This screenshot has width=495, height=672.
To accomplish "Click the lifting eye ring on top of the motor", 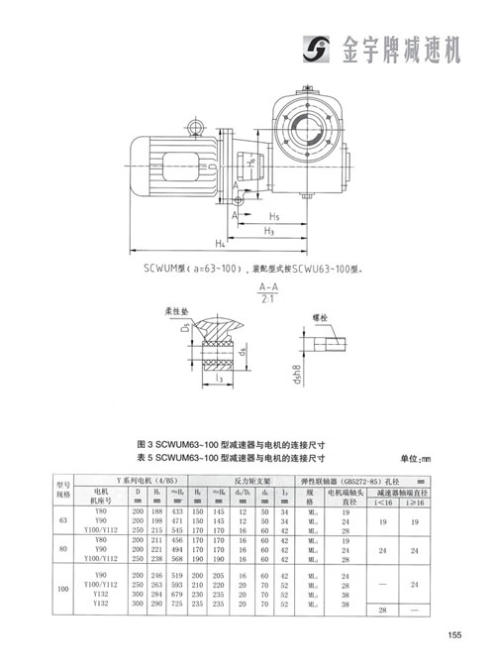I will [x=192, y=126].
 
